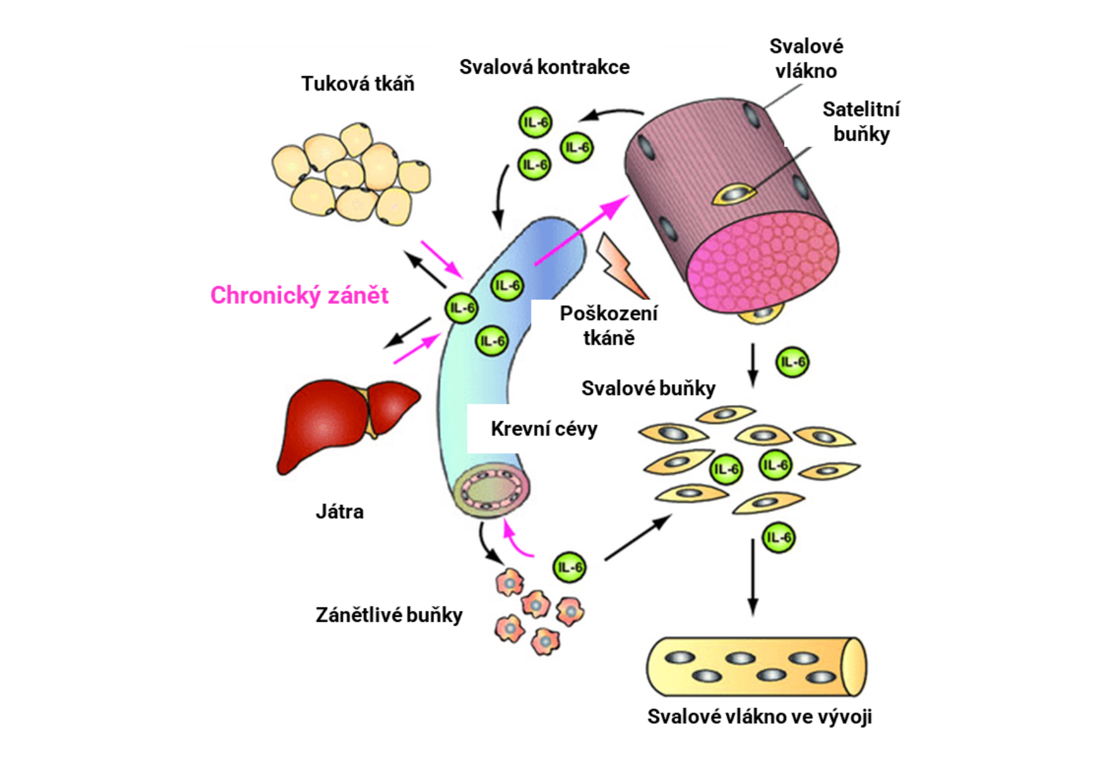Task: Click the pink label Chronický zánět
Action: [x=299, y=295]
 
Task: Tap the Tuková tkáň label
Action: [x=358, y=84]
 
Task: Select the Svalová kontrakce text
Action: [x=544, y=67]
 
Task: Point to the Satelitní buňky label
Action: [x=861, y=121]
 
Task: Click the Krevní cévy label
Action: [x=543, y=429]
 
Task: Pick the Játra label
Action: [x=340, y=512]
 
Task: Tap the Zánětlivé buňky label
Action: [x=389, y=615]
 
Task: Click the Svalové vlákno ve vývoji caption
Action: [x=759, y=716]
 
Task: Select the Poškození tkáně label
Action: [x=608, y=325]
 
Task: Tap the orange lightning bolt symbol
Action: [x=620, y=266]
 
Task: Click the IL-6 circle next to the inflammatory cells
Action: [x=569, y=567]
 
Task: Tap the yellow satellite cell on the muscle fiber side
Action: [x=735, y=194]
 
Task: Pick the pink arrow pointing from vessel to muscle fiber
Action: [x=582, y=231]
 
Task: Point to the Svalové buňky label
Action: [x=648, y=388]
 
